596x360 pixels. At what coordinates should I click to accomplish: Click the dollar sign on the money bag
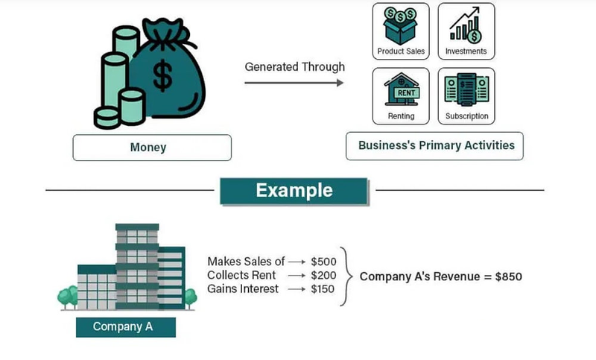pos(162,74)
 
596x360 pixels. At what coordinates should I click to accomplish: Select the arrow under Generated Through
pos(294,82)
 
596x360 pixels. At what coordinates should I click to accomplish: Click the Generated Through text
pos(294,66)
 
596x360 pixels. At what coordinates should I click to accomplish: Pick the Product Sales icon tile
pos(401,32)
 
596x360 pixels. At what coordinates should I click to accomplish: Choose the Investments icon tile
pos(466,32)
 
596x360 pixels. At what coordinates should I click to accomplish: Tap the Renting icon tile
pos(401,96)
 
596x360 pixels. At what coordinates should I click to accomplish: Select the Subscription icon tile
pos(466,96)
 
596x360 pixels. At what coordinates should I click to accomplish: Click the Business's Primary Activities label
pos(436,145)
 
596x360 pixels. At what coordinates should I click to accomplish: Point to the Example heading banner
pos(294,190)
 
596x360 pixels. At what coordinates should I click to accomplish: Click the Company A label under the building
pos(124,326)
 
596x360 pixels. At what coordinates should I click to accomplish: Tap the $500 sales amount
pos(323,262)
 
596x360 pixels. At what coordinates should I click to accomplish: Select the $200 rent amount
pos(323,275)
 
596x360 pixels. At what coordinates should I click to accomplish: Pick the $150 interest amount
pos(323,288)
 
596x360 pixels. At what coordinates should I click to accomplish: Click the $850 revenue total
pos(506,277)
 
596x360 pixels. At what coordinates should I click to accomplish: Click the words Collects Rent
pos(241,275)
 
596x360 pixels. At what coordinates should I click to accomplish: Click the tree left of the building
pos(68,296)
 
